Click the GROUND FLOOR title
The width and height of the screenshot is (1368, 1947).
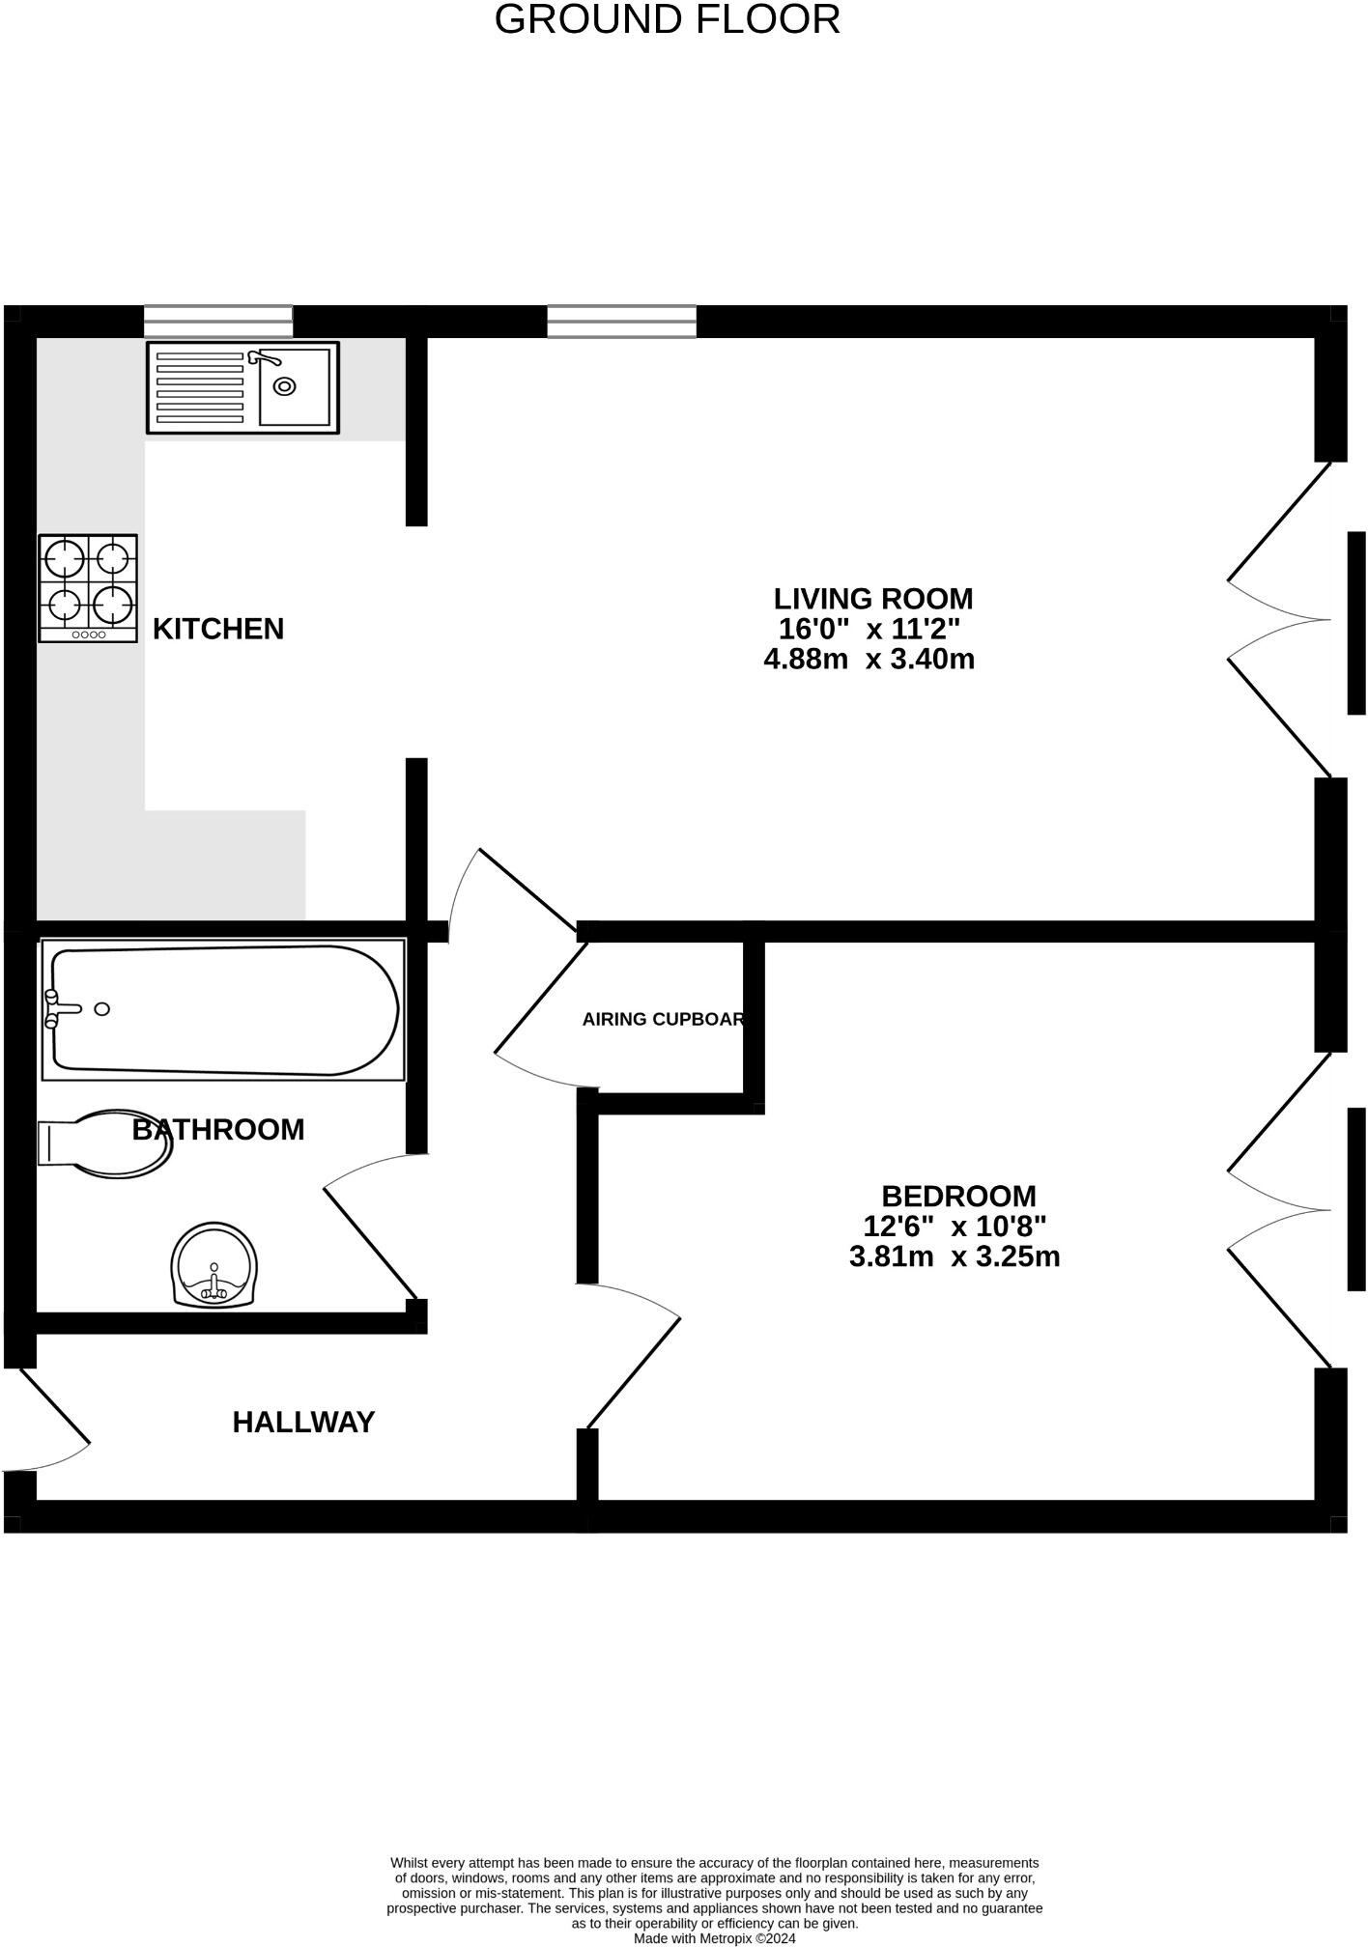667,20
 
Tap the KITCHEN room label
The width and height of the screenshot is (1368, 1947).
218,629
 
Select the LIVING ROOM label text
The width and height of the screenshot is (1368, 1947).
872,599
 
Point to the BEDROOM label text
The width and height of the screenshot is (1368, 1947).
957,1197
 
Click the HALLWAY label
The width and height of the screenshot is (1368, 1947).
303,1422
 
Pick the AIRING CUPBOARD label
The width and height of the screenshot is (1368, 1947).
663,1019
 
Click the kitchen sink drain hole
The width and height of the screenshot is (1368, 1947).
284,386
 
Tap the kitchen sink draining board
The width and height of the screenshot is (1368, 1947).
199,388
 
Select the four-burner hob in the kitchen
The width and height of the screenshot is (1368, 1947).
88,588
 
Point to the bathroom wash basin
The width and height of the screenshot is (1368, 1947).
214,1266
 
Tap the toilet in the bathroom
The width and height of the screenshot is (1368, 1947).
106,1145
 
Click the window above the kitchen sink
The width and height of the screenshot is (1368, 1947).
218,321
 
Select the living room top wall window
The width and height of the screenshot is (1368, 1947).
621,321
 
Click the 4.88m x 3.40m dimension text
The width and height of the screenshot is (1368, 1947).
869,660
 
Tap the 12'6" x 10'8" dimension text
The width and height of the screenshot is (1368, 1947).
955,1227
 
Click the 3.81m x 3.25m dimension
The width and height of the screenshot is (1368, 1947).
955,1256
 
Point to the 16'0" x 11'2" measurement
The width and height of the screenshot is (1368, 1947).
869,630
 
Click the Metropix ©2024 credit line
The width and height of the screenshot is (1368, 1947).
714,1938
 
